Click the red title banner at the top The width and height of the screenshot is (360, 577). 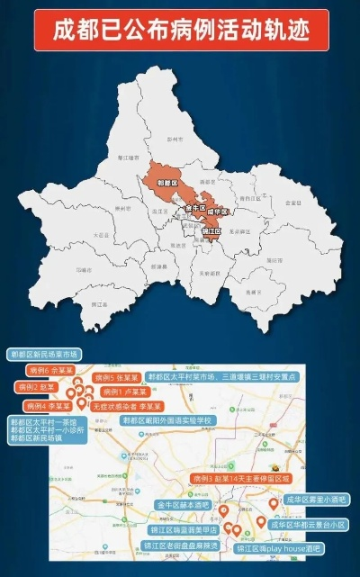pos(179,30)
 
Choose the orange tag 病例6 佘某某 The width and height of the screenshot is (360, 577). pos(50,369)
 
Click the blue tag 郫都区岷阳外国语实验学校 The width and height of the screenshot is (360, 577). pos(167,420)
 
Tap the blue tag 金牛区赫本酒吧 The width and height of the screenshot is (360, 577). pos(183,505)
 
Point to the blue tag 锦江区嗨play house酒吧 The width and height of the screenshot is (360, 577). pos(280,547)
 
